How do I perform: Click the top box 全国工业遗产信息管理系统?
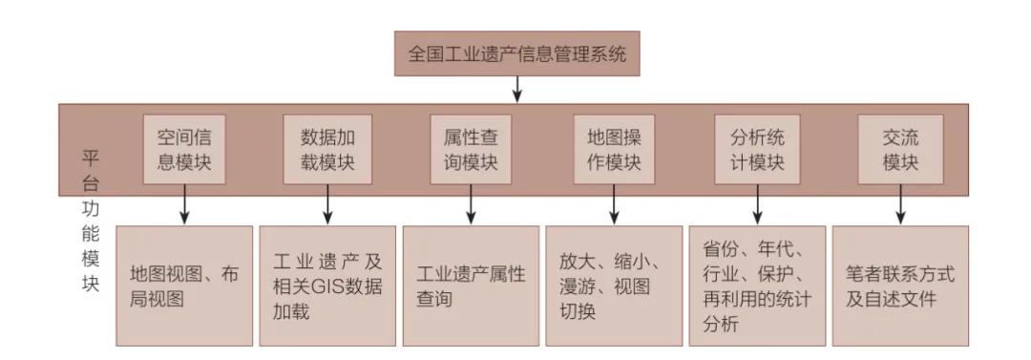516,53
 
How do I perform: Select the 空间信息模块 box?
184,149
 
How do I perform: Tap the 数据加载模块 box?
327,149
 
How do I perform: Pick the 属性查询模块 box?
471,149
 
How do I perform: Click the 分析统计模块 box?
757,149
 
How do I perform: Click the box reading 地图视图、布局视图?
184,286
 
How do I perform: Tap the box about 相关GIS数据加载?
327,286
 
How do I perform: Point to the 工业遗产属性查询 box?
471,286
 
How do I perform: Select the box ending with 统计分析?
757,286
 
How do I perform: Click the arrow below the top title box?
516,90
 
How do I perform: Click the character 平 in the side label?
92,157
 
